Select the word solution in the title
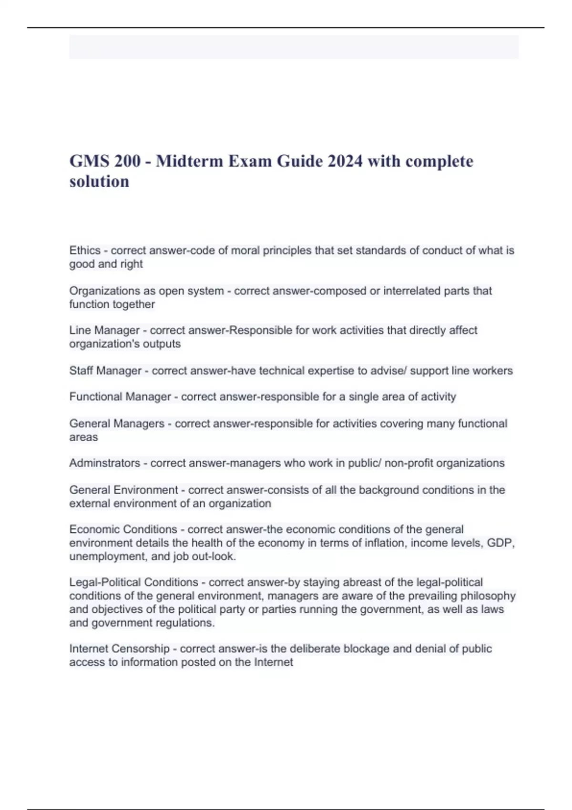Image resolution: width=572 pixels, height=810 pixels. pos(99,181)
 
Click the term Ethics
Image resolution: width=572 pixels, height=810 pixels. pos(85,251)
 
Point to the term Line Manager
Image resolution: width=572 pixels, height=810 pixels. pos(104,330)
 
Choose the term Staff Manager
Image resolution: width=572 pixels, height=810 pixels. pos(105,371)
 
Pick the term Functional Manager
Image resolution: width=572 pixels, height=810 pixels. pos(120,396)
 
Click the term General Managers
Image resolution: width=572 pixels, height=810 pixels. pos(117,424)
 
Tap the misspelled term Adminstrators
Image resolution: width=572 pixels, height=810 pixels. pos(105,463)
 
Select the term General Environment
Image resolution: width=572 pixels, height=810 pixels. pos(123,490)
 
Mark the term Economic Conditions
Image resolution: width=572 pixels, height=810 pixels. pos(123,529)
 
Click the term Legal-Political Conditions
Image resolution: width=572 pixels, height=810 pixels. pos(133,582)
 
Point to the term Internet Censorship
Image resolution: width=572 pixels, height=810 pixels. pos(119,648)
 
